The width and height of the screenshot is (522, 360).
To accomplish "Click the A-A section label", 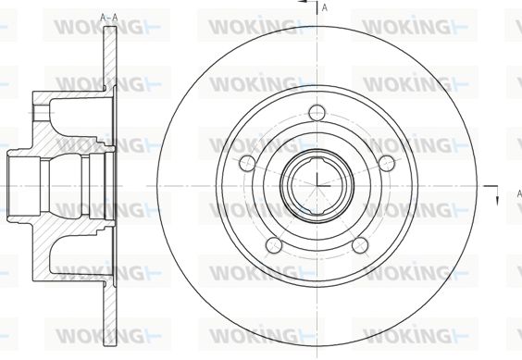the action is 109,18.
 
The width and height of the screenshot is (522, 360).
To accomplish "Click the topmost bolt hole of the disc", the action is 317,113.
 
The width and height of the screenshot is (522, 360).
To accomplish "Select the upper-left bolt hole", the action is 247,163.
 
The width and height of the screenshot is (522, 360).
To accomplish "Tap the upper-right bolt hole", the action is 386,163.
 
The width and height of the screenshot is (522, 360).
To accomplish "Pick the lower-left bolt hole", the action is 274,245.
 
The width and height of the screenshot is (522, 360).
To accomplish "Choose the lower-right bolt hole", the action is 360,245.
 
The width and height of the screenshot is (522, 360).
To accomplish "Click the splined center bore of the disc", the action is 317,186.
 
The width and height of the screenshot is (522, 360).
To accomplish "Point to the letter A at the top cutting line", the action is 325,8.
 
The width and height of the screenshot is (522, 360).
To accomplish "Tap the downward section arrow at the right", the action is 497,196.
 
